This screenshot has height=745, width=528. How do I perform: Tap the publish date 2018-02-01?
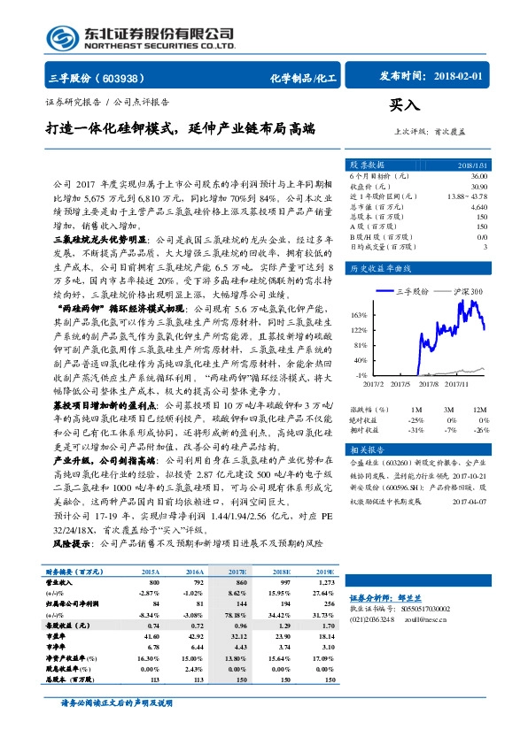point(460,77)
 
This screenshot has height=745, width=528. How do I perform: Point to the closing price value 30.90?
point(478,188)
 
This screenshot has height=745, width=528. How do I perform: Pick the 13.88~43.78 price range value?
point(468,197)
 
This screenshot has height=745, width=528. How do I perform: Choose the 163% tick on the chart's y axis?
point(359,315)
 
